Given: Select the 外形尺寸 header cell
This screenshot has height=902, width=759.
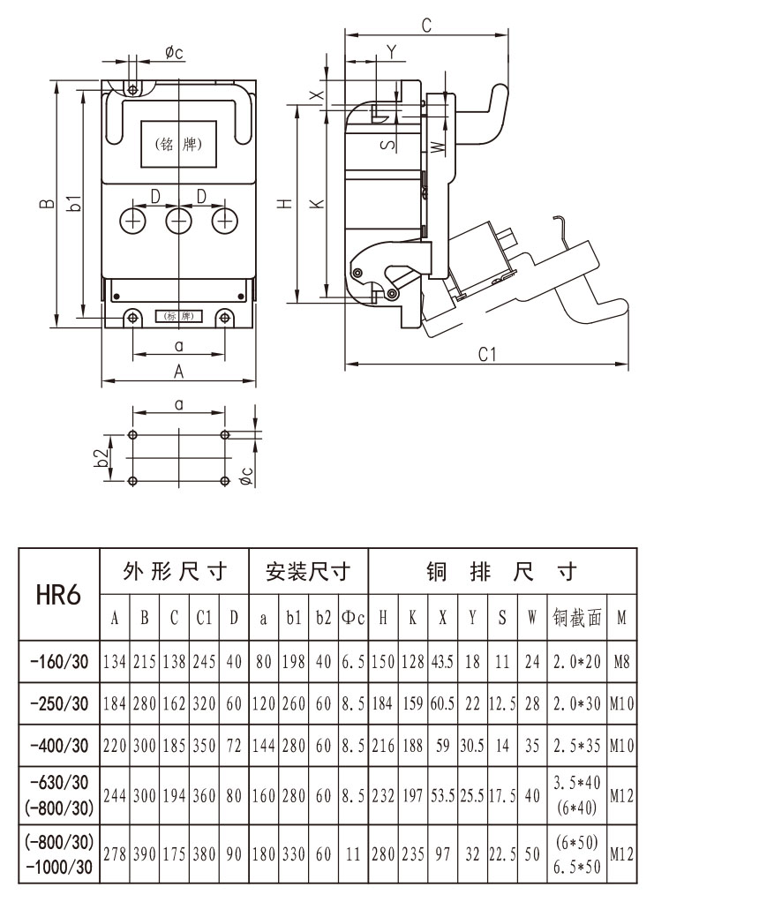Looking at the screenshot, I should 175,572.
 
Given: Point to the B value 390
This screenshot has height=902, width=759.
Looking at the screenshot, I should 145,854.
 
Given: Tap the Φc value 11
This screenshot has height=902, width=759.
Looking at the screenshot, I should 353,854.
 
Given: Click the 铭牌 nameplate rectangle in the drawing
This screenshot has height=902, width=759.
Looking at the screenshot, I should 179,144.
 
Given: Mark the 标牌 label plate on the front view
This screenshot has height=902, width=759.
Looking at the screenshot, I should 179,316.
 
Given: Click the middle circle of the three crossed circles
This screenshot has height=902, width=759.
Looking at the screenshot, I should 179,219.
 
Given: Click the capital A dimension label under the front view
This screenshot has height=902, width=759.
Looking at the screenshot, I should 178,372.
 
